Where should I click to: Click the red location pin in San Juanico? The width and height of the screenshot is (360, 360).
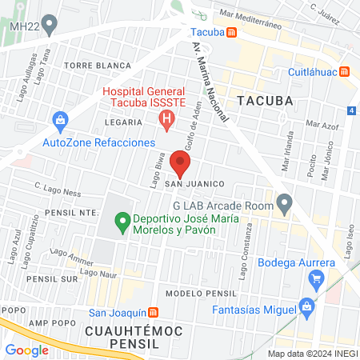(181, 166)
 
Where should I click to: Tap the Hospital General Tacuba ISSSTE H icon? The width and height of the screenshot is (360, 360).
(166, 121)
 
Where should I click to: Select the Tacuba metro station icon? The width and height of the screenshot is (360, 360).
(231, 33)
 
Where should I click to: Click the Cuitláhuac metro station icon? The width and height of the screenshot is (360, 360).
(345, 71)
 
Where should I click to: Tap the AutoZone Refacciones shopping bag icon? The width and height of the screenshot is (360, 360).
(59, 122)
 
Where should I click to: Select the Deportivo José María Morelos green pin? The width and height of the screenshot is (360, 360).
(122, 218)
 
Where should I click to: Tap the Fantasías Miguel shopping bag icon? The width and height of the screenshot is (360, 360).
(306, 306)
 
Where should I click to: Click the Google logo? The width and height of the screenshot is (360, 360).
(26, 350)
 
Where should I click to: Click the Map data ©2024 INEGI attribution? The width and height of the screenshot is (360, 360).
(312, 354)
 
